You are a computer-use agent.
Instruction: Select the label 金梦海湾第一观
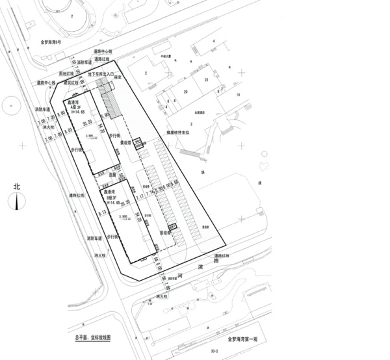(x=244, y=339)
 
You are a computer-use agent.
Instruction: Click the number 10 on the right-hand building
(x=238, y=95)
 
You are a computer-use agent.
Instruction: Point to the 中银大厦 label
(x=168, y=57)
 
